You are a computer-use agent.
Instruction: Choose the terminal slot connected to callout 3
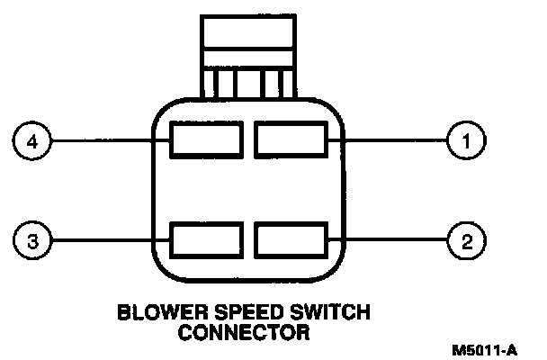(x=206, y=240)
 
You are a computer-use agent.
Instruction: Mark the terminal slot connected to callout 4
(x=206, y=141)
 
